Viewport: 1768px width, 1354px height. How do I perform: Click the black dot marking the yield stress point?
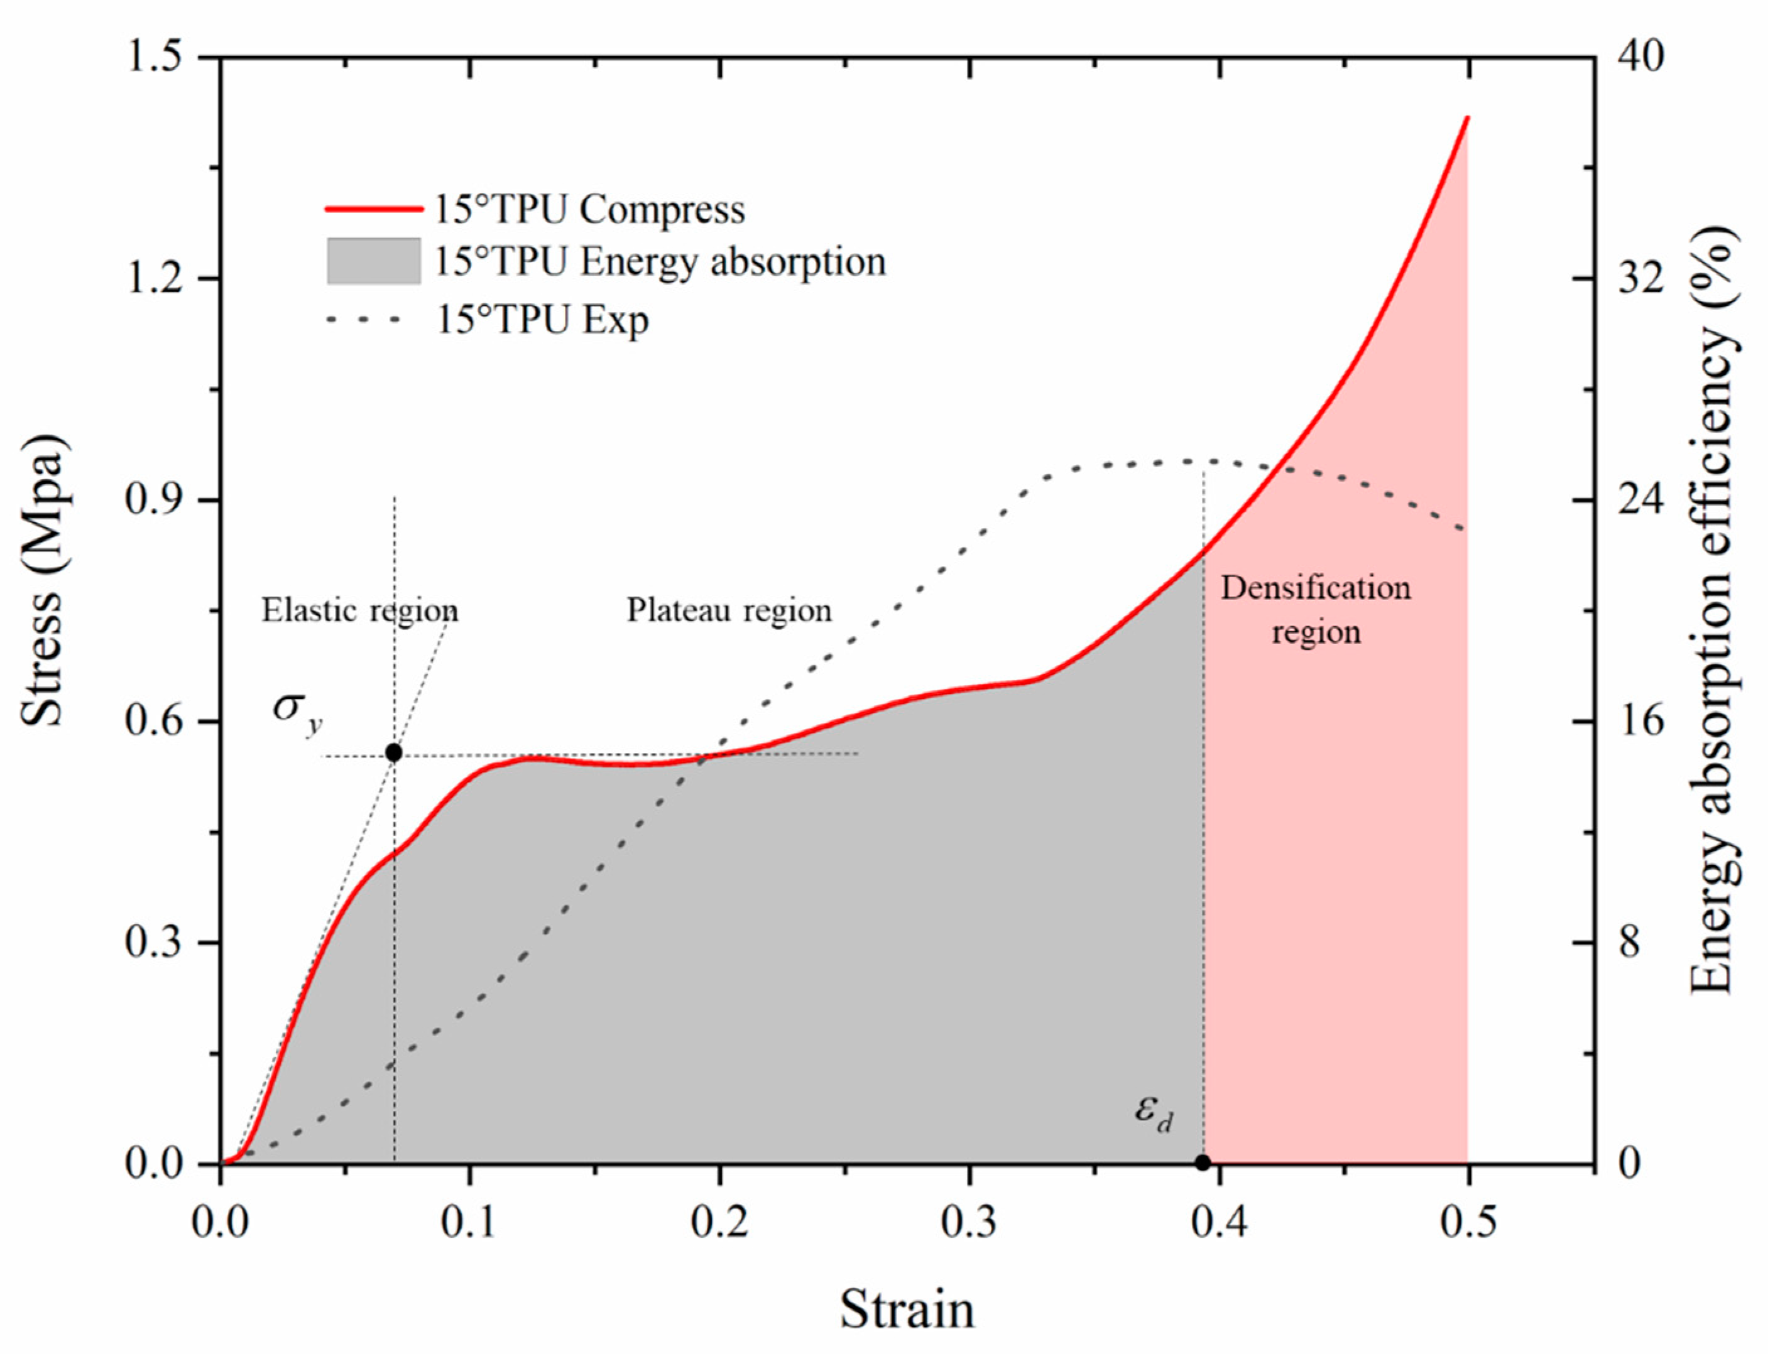click(393, 753)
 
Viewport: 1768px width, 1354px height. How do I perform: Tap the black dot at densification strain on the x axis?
click(1202, 1163)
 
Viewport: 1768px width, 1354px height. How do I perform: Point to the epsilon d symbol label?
click(1153, 1113)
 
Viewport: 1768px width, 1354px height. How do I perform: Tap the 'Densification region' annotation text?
click(1316, 610)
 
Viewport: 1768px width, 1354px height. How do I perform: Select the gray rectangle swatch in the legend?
click(374, 261)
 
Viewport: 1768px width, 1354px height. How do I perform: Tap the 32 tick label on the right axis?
click(1639, 279)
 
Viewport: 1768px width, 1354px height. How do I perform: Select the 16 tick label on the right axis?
click(1639, 720)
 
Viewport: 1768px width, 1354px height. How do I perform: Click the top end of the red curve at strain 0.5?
click(1467, 119)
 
